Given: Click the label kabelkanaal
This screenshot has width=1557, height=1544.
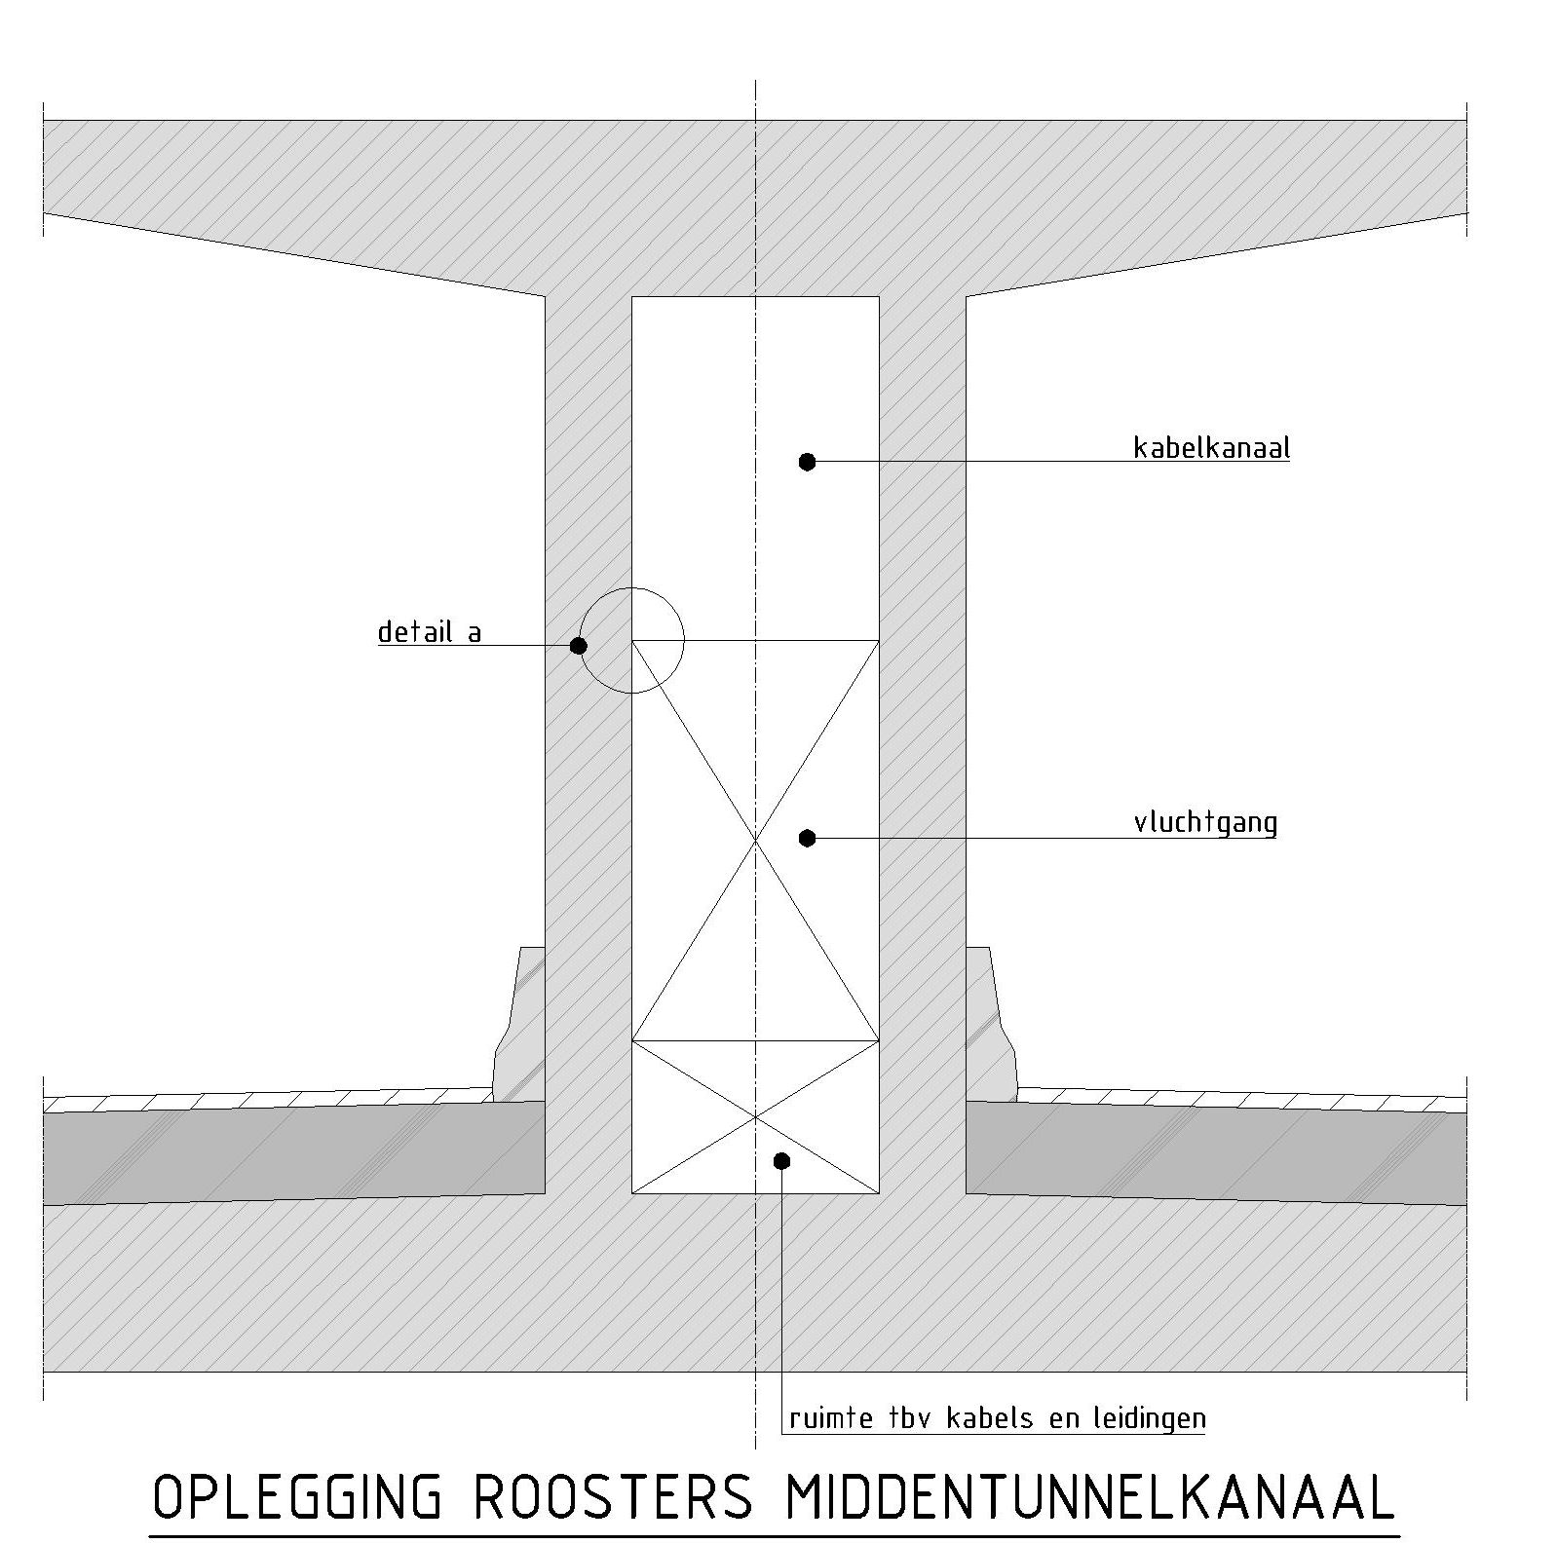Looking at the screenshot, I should [x=1211, y=448].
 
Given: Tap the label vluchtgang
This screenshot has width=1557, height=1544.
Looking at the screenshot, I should [x=1205, y=823].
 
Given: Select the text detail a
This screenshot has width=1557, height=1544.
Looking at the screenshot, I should [x=430, y=633].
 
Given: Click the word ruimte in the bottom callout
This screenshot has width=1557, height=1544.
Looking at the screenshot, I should [x=831, y=1418].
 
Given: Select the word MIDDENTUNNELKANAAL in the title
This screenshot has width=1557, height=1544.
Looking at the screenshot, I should [x=1089, y=1498].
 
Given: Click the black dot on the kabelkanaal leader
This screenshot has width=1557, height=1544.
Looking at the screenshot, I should [x=807, y=462].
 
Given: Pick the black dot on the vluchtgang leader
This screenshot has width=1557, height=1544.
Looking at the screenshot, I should [x=807, y=838].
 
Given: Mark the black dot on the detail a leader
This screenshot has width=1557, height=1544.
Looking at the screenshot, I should [x=579, y=646].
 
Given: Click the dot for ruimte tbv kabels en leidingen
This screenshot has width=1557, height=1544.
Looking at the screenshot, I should [x=781, y=1160].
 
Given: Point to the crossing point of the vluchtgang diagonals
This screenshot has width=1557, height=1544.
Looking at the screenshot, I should [x=756, y=840].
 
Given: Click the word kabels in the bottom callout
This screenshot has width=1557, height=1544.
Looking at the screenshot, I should [x=991, y=1418].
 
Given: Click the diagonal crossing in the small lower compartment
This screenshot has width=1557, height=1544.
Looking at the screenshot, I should [x=756, y=1116].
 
